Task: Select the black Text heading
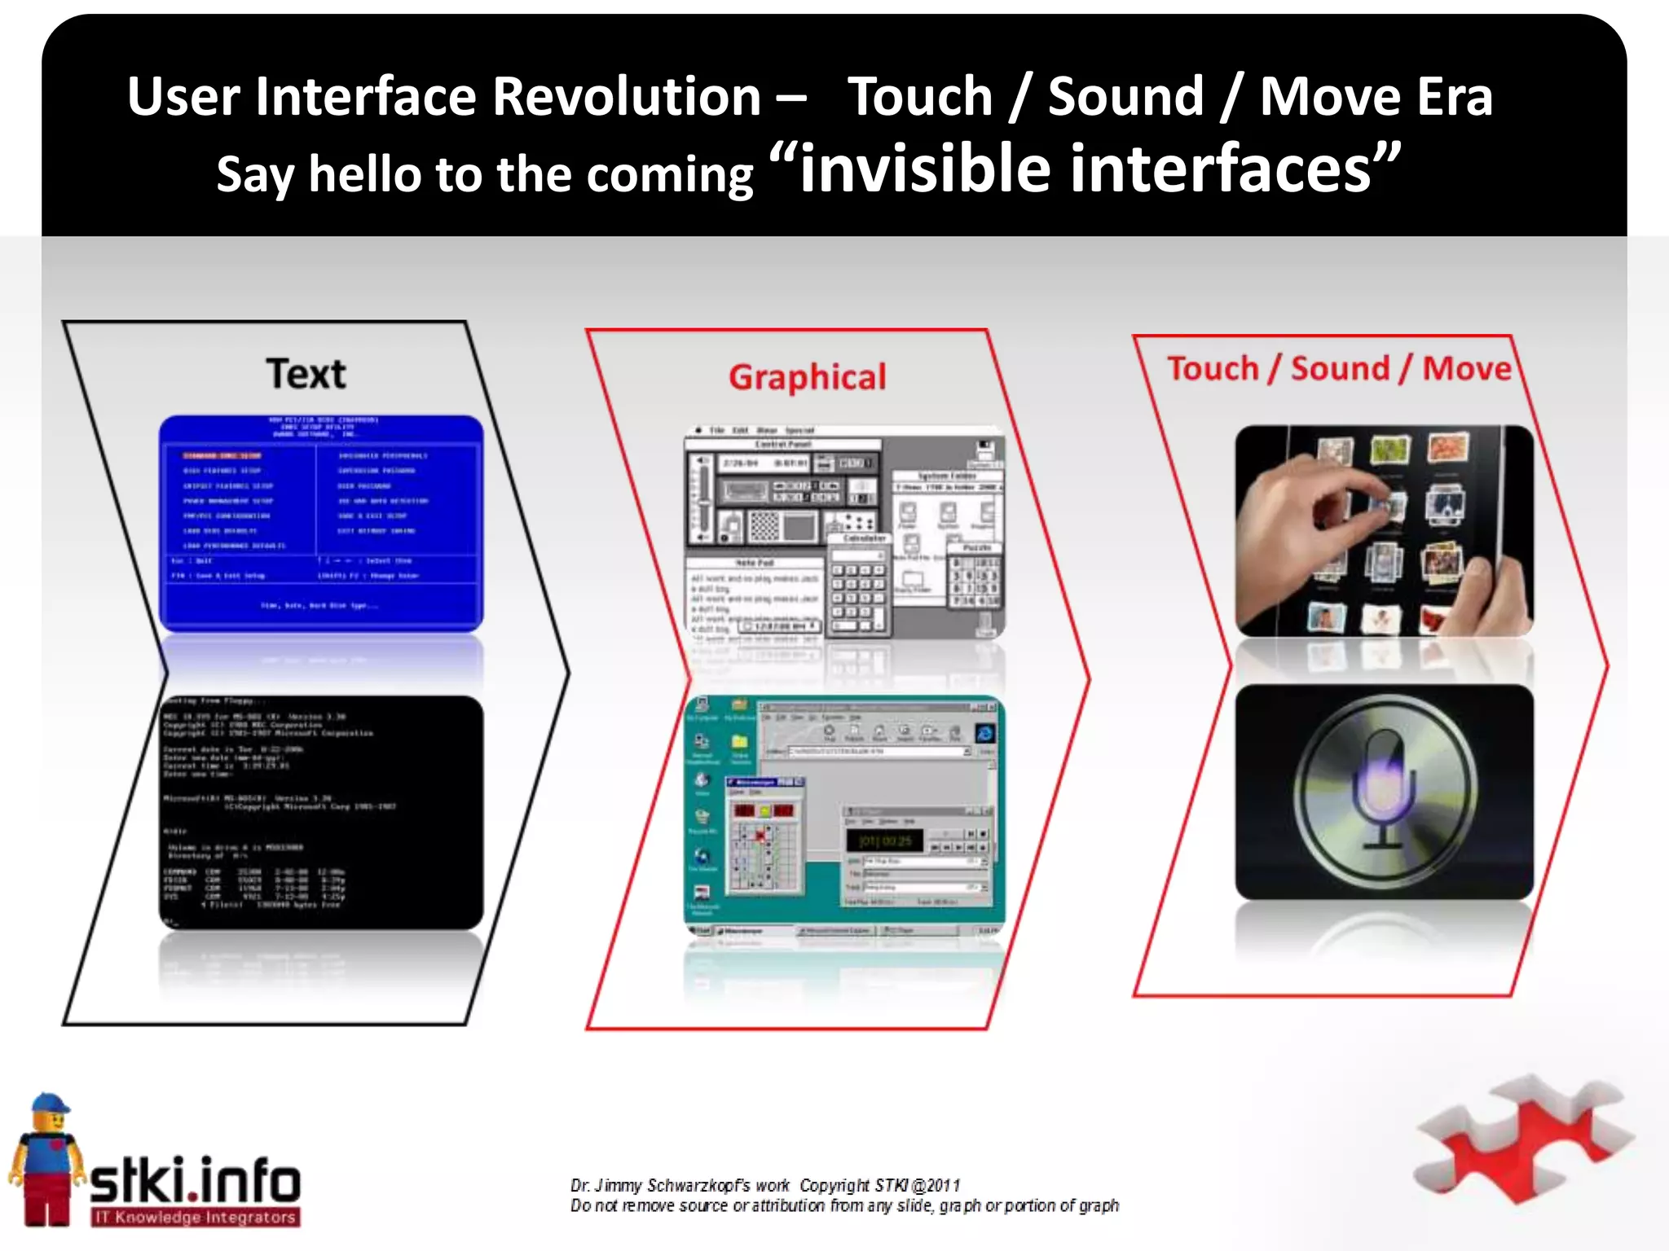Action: coord(306,374)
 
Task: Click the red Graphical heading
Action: coord(807,378)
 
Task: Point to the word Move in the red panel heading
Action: coord(1466,369)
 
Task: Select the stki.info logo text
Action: coord(196,1181)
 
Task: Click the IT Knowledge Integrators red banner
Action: coord(196,1218)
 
